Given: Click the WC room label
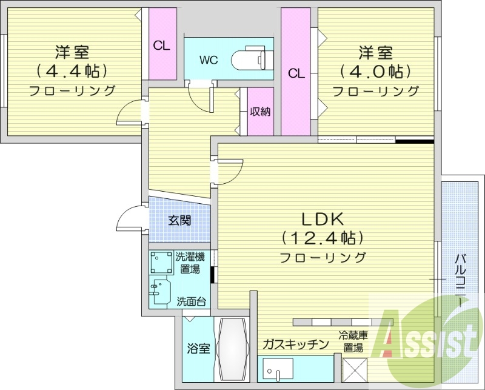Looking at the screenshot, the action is [x=209, y=59].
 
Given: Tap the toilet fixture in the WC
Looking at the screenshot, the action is [x=249, y=58].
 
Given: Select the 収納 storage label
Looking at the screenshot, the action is [x=261, y=112].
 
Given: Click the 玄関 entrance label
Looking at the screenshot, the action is [x=179, y=220].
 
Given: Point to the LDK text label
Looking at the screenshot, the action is [x=323, y=219].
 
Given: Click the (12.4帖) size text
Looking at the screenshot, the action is [x=323, y=238].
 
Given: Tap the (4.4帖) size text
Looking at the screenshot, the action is [x=72, y=71].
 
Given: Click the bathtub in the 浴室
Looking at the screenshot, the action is [x=233, y=349].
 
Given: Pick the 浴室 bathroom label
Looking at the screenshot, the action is [x=198, y=349].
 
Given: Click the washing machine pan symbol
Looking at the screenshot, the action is [x=161, y=263].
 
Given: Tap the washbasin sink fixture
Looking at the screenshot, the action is [x=161, y=292].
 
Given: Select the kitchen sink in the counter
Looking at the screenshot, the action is [x=278, y=370].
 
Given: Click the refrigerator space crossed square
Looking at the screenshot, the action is [x=355, y=370].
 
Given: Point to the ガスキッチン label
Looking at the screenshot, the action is [x=295, y=344].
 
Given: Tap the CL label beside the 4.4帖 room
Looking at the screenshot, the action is [x=162, y=46].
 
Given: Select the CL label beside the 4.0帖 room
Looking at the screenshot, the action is [x=296, y=73].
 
